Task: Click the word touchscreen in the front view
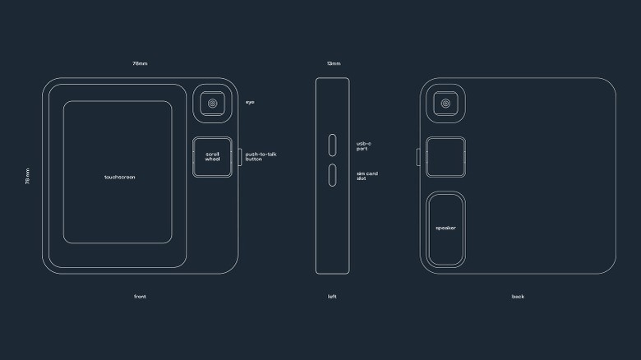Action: (x=119, y=178)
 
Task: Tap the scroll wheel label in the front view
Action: (x=213, y=157)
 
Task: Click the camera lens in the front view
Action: (x=213, y=104)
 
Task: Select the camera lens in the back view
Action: (x=445, y=104)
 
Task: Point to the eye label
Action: (x=250, y=102)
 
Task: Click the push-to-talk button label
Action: (x=261, y=157)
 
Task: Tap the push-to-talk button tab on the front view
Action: (x=240, y=157)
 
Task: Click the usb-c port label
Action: (x=364, y=146)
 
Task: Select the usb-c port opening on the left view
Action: (x=332, y=145)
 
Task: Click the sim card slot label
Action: (x=367, y=176)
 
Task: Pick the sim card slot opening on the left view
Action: (x=332, y=175)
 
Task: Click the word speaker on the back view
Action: (x=445, y=228)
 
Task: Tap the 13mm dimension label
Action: (x=334, y=63)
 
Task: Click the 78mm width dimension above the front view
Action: (x=140, y=63)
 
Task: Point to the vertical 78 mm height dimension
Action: (x=27, y=176)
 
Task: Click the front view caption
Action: (x=140, y=297)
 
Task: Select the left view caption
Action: (x=332, y=297)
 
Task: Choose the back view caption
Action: (x=518, y=297)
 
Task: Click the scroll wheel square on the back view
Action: (x=445, y=157)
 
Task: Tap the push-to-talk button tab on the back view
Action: (x=418, y=157)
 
